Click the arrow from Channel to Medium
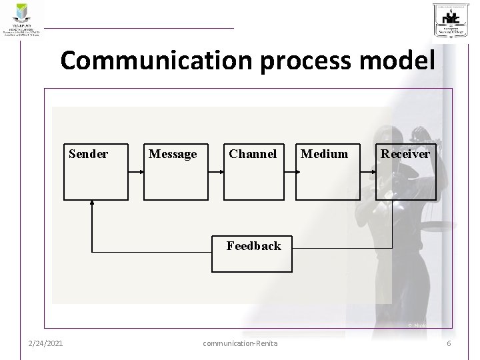click(x=289, y=171)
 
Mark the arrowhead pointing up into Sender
click(x=91, y=205)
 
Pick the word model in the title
click(x=399, y=61)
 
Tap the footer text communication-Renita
click(x=239, y=343)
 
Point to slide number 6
click(x=449, y=343)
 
